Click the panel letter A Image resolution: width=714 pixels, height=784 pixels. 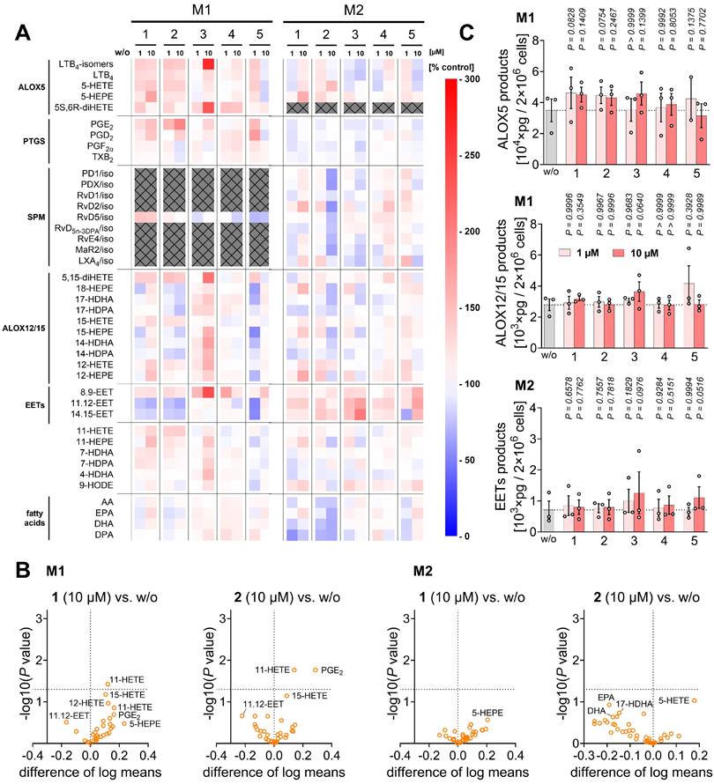point(26,33)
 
